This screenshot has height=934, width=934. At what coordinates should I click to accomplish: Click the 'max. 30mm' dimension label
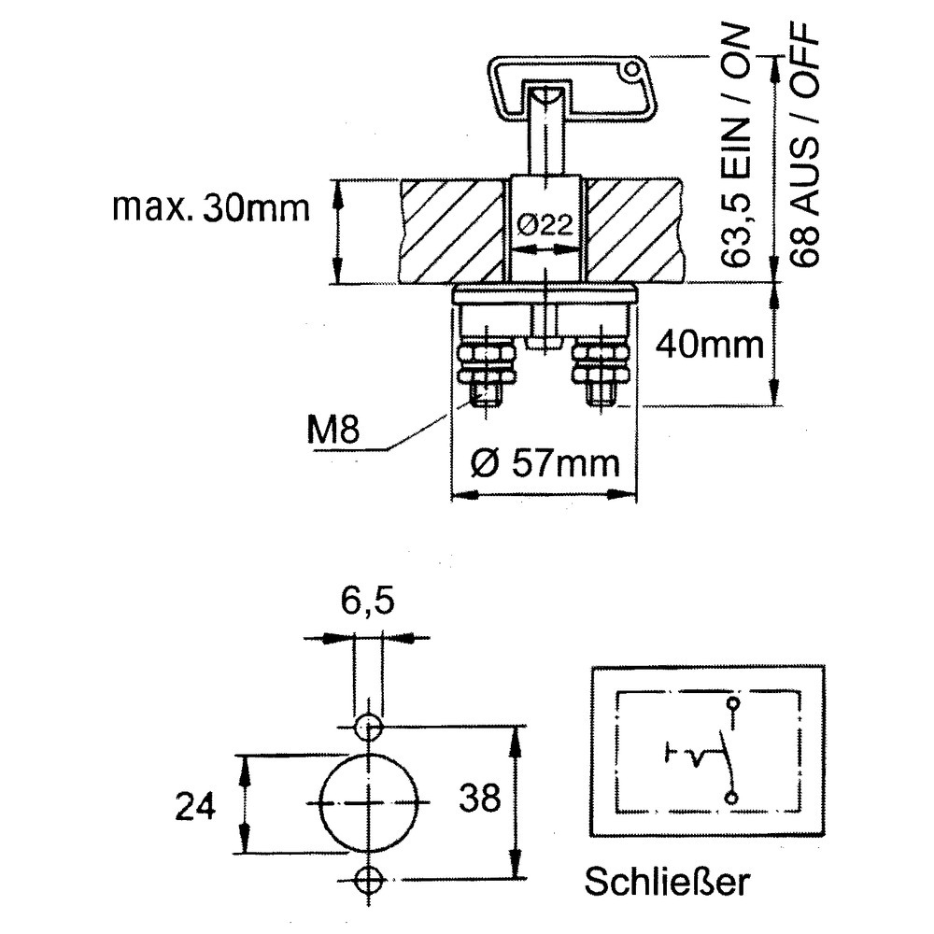(x=209, y=206)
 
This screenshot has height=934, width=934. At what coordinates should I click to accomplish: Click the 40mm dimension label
(x=709, y=346)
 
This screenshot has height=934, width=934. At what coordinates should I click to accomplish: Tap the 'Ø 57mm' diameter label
(x=545, y=461)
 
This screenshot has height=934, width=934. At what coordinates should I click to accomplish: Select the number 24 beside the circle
(x=195, y=804)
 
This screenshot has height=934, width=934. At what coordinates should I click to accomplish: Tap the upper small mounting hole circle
(x=369, y=726)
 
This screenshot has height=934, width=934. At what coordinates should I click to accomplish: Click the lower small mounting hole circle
(x=369, y=879)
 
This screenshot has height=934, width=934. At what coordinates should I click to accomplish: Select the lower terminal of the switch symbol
(x=732, y=796)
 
